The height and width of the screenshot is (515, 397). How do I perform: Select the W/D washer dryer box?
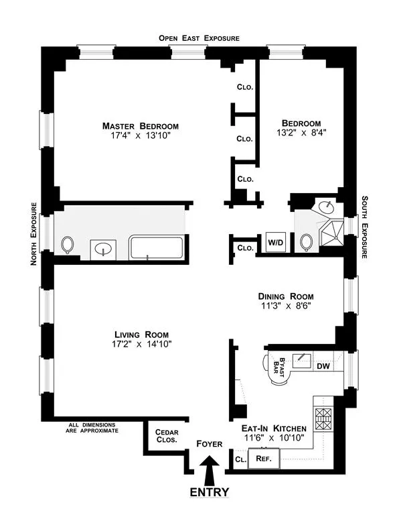(x=275, y=242)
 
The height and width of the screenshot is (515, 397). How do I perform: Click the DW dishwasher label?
(x=323, y=366)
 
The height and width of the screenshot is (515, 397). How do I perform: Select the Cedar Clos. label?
(x=166, y=436)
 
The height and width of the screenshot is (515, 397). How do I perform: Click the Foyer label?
(x=210, y=443)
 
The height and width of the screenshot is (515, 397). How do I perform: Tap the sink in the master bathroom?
(x=104, y=249)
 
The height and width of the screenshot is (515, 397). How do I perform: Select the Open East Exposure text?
(x=199, y=38)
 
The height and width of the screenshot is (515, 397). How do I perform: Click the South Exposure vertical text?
(x=365, y=227)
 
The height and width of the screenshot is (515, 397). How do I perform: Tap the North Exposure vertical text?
(x=33, y=234)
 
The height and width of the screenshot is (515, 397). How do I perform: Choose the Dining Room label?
(x=286, y=296)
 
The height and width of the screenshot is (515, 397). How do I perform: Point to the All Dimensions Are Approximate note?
(x=94, y=427)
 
